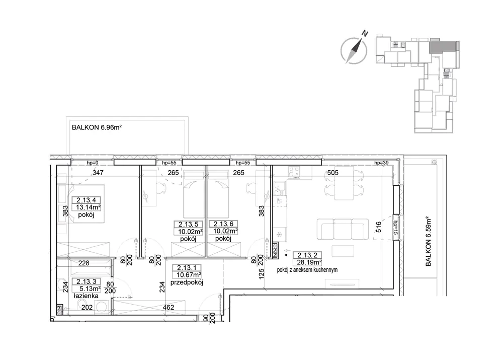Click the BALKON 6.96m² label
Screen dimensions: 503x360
tap(97, 127)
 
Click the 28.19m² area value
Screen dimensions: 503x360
tap(307, 262)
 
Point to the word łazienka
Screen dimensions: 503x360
tap(86, 296)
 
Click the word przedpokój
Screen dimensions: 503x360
tap(187, 282)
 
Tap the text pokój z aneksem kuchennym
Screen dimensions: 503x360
tap(307, 270)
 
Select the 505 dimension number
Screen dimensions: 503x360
tap(332, 173)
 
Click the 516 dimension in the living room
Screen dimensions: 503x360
tap(379, 227)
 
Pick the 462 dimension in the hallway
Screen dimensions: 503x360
tap(168, 307)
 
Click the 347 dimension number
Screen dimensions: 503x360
tap(98, 173)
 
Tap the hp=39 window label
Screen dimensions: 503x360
tap(381, 163)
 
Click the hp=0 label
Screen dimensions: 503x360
tap(93, 163)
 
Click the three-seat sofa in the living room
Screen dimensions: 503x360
tap(342, 229)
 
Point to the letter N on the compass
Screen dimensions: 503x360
tap(364, 33)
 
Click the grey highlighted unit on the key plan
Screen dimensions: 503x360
tap(443, 47)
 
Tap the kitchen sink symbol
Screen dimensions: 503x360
tap(279, 188)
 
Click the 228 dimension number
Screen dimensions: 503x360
tap(83, 263)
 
